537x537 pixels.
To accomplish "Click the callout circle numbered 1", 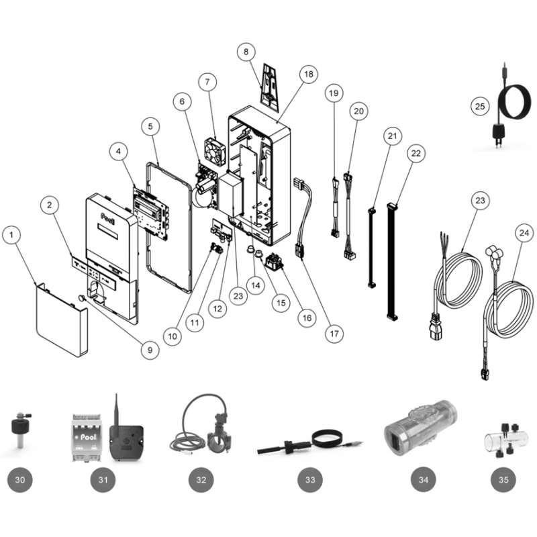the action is point(11,235).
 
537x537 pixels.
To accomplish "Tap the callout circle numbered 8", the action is point(246,52).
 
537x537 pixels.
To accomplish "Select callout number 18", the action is point(308,74).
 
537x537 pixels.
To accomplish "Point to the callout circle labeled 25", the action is point(480,106).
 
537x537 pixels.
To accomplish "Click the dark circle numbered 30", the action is point(20,480).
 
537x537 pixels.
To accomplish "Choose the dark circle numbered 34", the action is point(424,480).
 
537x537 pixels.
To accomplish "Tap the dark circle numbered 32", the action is point(201,480).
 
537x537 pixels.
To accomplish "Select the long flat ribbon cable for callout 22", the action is point(391,262).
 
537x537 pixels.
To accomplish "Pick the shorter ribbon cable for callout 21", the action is point(372,247).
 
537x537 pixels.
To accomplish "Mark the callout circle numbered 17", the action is point(334,333).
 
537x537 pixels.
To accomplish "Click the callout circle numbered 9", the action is point(150,350).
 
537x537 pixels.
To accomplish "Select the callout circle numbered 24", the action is point(524,233).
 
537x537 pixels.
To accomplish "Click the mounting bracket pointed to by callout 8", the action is point(270,87).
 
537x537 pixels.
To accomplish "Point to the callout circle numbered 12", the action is point(217,309).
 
